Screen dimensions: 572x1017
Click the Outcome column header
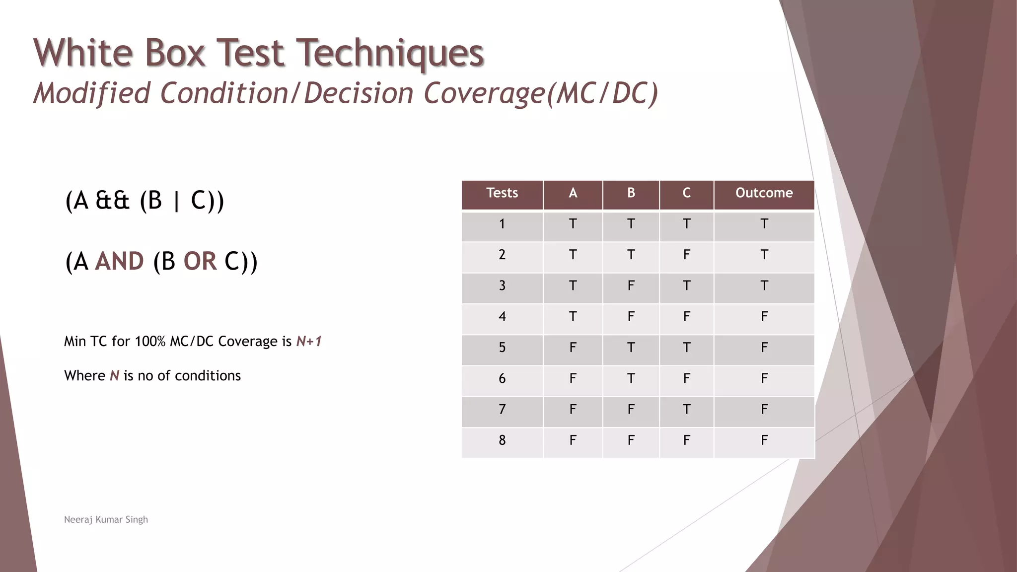click(x=764, y=193)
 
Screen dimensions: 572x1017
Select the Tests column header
click(x=502, y=193)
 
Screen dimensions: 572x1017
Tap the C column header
click(x=686, y=193)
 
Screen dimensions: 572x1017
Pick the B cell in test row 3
click(x=631, y=286)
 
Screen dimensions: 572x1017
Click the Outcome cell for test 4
click(x=764, y=317)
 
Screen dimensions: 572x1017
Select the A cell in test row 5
click(x=573, y=348)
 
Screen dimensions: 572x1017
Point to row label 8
click(x=502, y=440)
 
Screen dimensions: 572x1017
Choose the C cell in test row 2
click(x=686, y=255)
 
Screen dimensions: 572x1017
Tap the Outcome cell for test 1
click(x=764, y=224)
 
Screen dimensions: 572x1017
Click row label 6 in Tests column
click(x=502, y=379)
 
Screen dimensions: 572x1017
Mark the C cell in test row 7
click(x=686, y=410)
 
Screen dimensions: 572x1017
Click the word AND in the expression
click(x=119, y=262)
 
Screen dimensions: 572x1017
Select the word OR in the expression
click(x=200, y=262)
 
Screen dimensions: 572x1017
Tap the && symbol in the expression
click(x=112, y=201)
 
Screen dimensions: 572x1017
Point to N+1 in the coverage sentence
click(x=308, y=342)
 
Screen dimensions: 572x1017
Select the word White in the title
click(x=83, y=53)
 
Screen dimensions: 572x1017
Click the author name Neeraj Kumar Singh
click(x=106, y=520)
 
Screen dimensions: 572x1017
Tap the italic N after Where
click(x=114, y=376)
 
